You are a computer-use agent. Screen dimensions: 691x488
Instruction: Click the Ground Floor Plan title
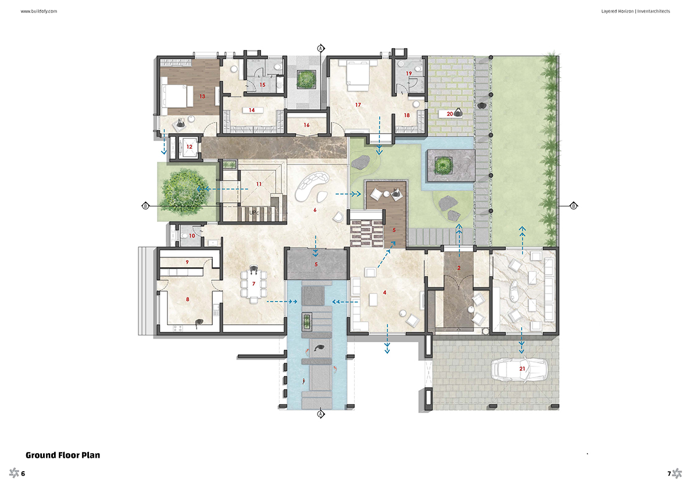tap(63, 455)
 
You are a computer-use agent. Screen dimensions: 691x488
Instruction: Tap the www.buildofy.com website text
tap(39, 11)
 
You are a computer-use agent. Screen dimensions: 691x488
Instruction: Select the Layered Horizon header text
tap(617, 11)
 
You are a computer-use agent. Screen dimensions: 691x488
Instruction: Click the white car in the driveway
tap(519, 369)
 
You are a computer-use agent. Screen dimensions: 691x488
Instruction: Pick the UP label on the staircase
tap(253, 213)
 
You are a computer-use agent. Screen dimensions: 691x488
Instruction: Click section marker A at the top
tap(321, 48)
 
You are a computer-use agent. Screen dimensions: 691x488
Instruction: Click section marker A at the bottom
tap(321, 414)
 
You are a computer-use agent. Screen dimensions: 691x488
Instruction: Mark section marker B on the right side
tap(574, 206)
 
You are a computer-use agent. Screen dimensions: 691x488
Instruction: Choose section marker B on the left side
tap(145, 206)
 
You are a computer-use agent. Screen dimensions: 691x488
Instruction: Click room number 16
tap(307, 125)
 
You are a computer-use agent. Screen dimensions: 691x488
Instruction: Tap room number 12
tap(189, 146)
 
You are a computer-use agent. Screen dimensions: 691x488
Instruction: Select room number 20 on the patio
tap(450, 113)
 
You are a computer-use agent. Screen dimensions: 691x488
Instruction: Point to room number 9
tap(187, 262)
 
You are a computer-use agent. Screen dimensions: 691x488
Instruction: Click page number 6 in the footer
tap(23, 473)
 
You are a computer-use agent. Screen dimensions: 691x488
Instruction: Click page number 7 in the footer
tap(668, 473)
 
